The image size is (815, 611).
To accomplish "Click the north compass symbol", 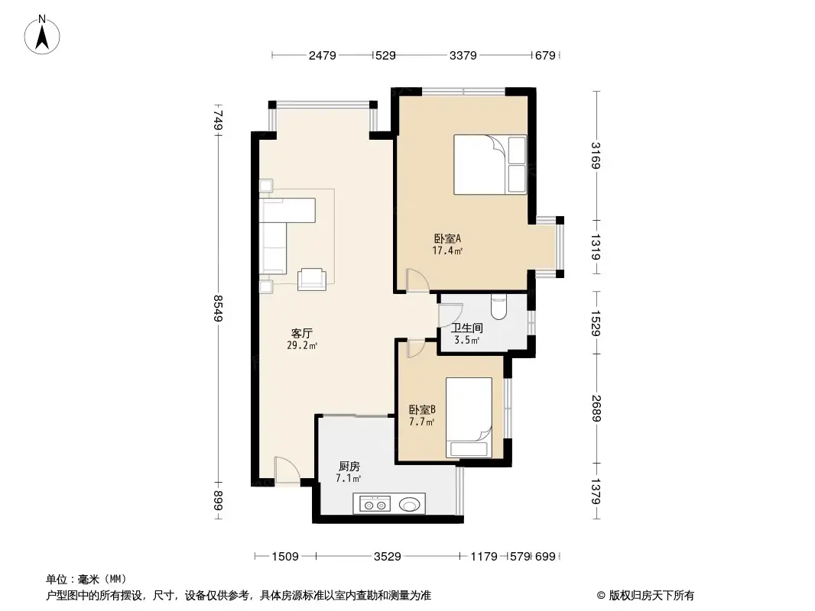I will point(44,34).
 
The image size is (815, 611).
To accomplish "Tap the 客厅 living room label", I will point(300,333).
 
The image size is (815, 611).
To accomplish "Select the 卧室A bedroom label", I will point(446,237).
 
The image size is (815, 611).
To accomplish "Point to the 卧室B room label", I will point(421,409).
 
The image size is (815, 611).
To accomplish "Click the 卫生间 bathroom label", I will point(466,328).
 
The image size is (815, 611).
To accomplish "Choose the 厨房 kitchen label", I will point(349,466).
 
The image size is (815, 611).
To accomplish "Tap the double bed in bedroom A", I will point(489,164).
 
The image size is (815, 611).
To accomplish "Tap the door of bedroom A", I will point(417,280).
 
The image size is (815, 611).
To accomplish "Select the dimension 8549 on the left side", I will point(219,309).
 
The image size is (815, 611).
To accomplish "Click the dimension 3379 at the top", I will point(463,55).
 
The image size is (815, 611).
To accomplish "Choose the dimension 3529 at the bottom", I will point(388,557).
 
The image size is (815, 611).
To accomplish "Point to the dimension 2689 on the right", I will point(596,409).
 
